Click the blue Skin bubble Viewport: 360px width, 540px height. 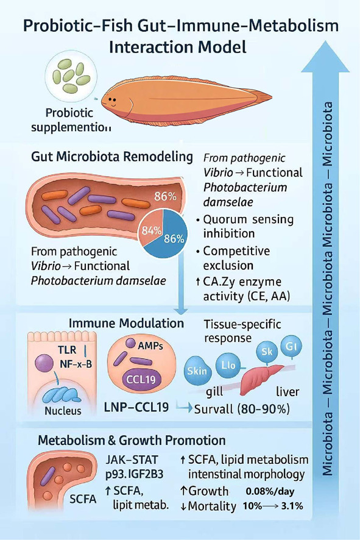tap(198, 372)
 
